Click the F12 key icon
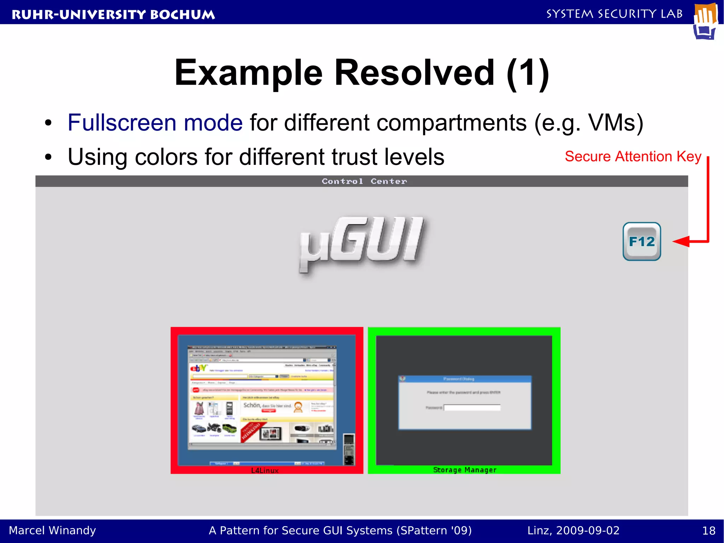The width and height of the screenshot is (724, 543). point(642,242)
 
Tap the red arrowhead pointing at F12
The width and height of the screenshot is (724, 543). point(681,242)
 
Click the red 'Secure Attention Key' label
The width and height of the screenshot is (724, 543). point(633,156)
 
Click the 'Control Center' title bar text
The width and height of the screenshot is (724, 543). point(364,181)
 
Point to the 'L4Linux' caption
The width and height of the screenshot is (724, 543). point(265,470)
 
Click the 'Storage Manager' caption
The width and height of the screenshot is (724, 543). point(465,470)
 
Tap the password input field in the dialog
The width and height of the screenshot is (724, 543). point(472,408)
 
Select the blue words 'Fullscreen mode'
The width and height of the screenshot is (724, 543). point(155,123)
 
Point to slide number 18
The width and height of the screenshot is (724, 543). point(708,531)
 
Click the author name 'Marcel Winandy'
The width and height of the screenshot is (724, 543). point(52,531)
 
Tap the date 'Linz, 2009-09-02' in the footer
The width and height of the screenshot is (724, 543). point(573,531)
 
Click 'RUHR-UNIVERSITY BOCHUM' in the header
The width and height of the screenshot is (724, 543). point(113,15)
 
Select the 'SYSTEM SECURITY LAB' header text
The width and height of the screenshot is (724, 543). point(614,14)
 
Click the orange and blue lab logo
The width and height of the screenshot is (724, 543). point(705,21)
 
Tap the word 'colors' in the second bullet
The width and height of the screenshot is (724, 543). point(166,157)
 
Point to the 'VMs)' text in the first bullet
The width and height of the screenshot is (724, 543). point(615,123)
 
